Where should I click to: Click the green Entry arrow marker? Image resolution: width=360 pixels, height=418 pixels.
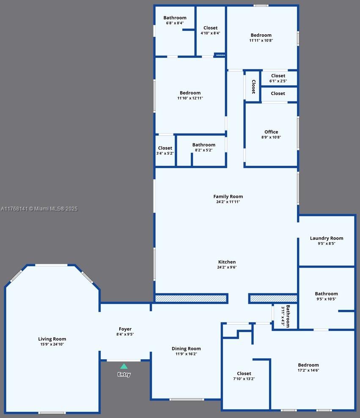pos(124,366)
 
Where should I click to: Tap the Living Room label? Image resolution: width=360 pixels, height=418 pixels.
pos(52,339)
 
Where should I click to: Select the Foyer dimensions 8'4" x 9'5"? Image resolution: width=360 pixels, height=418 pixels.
pos(125,334)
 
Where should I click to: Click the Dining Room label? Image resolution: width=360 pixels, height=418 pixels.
pos(186,349)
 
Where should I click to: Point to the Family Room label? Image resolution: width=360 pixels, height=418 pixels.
pos(228,197)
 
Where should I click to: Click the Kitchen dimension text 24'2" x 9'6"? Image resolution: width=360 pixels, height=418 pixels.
pos(227,267)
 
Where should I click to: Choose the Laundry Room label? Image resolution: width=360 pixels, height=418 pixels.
pos(326,238)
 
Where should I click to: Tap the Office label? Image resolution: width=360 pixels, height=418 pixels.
pos(271,132)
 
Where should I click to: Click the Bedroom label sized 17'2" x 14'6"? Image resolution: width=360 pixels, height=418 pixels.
pos(308,365)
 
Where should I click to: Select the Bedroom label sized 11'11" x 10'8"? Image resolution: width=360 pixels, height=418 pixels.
pos(261,36)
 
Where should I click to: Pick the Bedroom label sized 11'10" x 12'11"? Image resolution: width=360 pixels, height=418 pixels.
pos(190,93)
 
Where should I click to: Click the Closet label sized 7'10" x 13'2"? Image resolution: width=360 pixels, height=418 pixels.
pos(244,374)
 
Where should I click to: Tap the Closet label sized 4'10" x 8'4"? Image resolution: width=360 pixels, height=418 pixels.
pos(210,28)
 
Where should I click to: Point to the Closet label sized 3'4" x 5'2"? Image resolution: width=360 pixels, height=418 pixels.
pos(165,148)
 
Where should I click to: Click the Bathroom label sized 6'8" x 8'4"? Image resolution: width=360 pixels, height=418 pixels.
pos(175,18)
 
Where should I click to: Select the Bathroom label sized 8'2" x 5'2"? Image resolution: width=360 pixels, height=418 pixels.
pos(203,145)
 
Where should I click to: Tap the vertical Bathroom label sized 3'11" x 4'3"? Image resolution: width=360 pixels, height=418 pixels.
pos(288,316)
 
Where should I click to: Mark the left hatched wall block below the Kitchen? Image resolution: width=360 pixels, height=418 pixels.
pos(191,298)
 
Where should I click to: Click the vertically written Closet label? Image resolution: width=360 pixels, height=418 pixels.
pos(253,87)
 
